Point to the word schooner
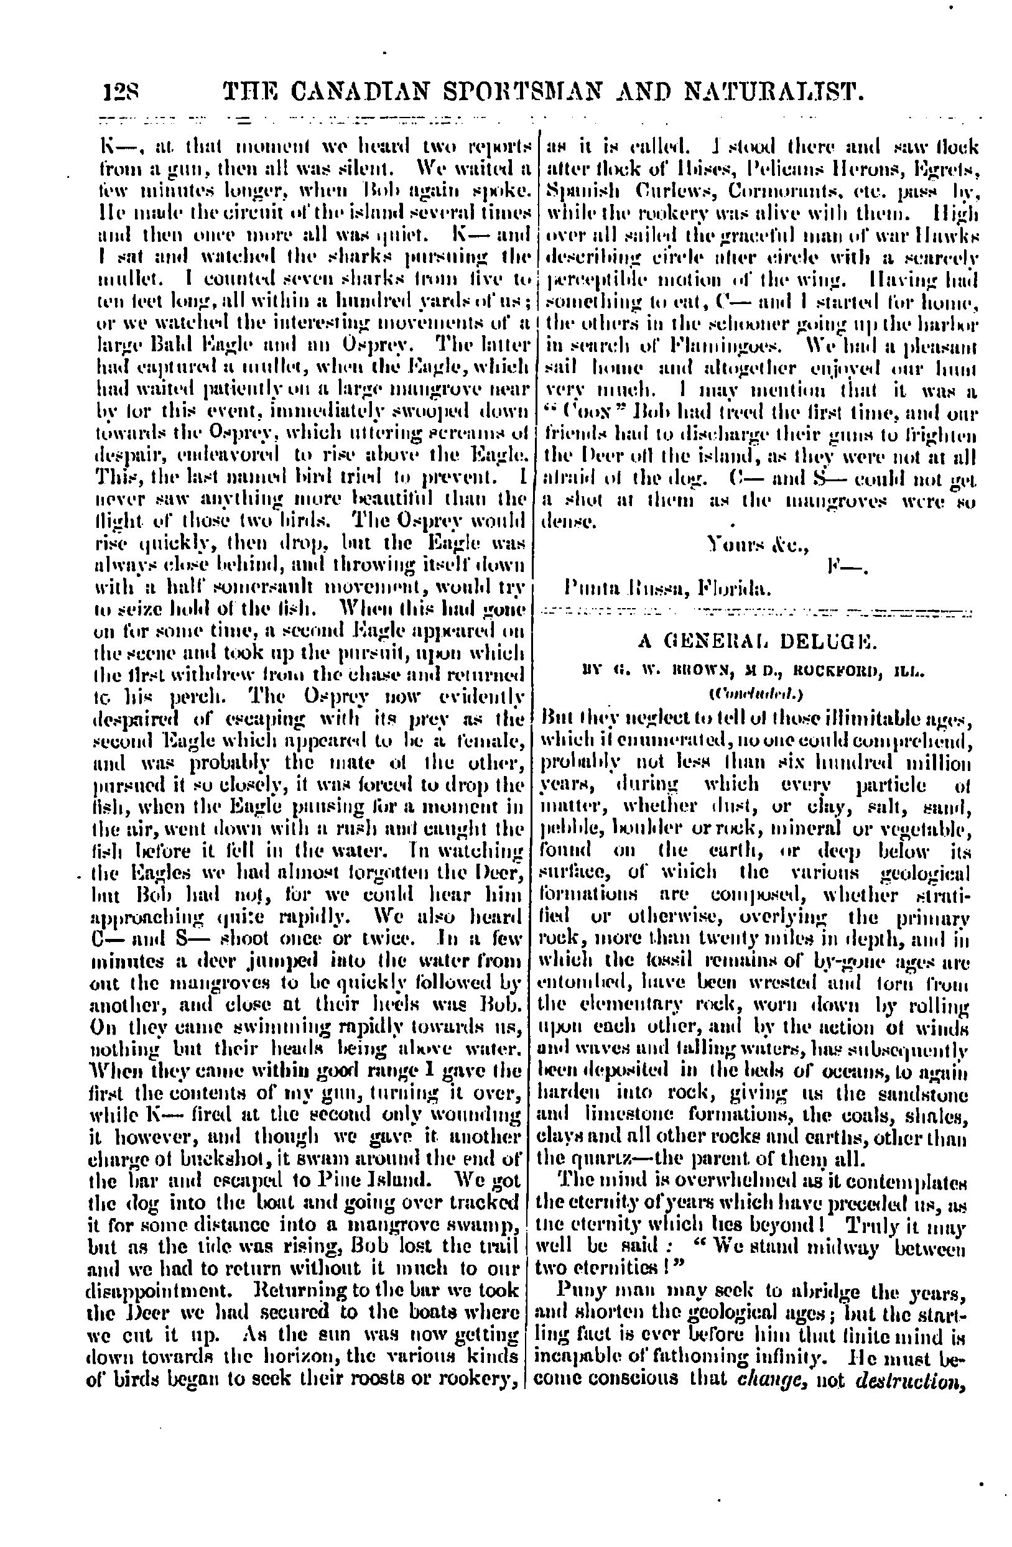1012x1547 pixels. point(723,323)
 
